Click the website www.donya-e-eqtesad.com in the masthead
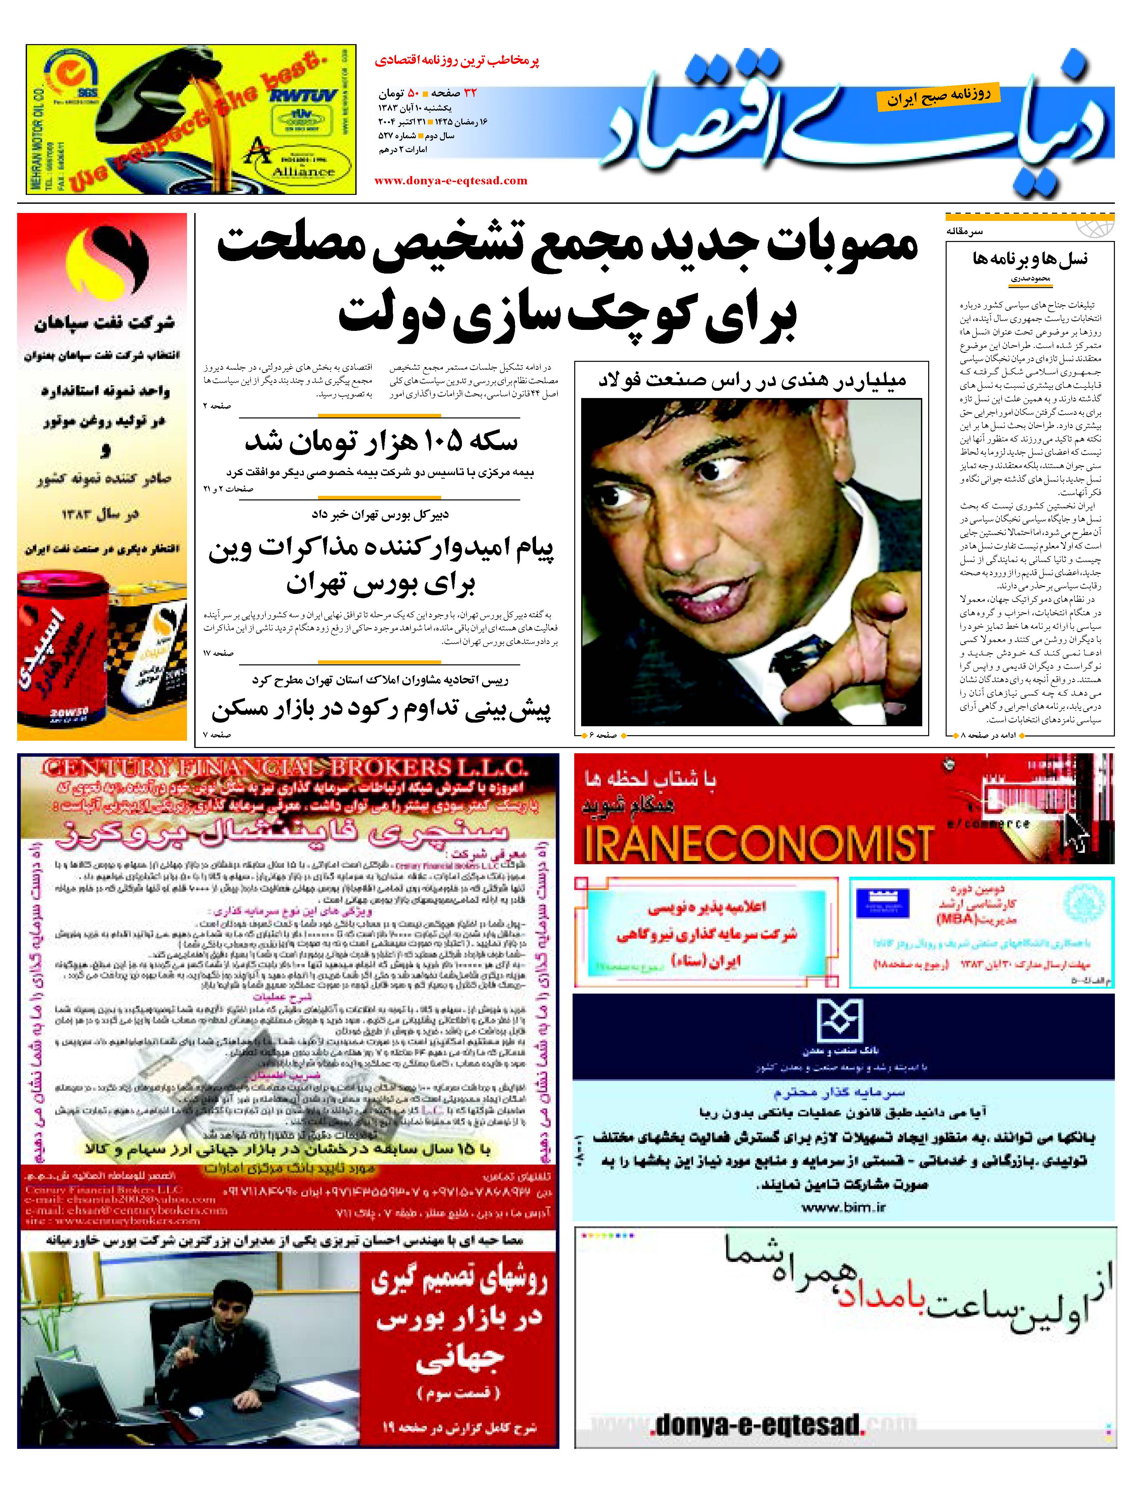pos(450,180)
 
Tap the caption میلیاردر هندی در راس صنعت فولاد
pos(752,380)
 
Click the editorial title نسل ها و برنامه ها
pos(1030,259)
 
